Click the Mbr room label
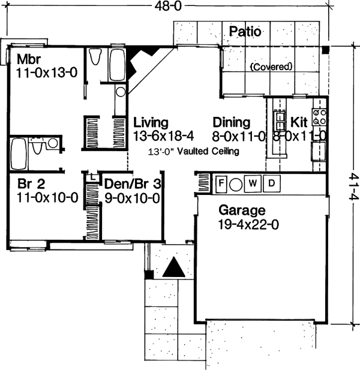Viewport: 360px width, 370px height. click(x=29, y=59)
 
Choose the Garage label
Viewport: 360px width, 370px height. click(x=242, y=210)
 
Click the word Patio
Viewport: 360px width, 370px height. click(x=244, y=32)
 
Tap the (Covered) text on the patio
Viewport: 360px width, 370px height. click(x=271, y=66)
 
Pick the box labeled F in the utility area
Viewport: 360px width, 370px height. click(x=220, y=182)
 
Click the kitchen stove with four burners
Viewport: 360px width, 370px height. click(x=319, y=119)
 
